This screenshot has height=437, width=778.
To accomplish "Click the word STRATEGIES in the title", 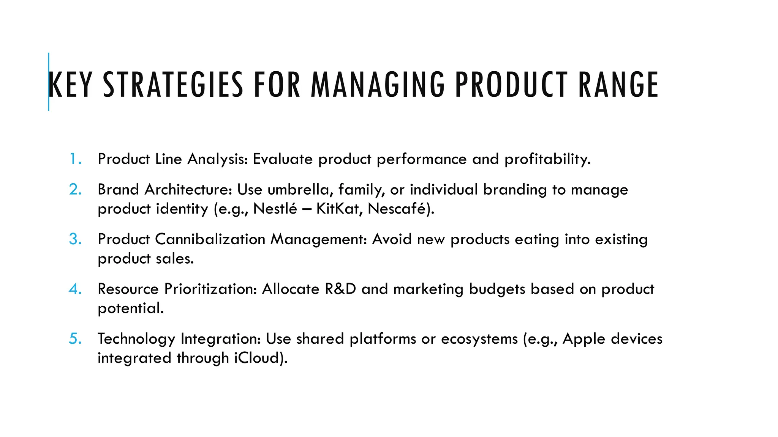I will click(x=173, y=85).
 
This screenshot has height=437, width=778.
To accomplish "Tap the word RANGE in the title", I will click(x=618, y=85).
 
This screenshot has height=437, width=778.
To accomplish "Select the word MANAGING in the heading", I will click(x=378, y=85).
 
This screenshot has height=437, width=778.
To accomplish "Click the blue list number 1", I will click(x=75, y=159).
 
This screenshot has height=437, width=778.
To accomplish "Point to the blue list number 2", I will click(x=75, y=189).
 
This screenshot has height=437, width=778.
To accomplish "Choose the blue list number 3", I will click(x=75, y=239).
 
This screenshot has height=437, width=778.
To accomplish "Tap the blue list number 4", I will click(x=75, y=289).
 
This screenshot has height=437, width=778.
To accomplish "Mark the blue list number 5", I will click(x=75, y=338).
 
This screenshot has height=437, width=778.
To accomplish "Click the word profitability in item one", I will click(x=547, y=159).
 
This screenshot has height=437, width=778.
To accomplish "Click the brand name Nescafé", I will click(x=399, y=209).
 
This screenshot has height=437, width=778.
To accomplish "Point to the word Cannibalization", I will click(x=210, y=239).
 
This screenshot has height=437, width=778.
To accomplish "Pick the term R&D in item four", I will click(x=340, y=289).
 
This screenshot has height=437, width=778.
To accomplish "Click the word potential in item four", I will click(x=130, y=308).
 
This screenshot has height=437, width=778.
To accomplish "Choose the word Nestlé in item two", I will click(x=275, y=209).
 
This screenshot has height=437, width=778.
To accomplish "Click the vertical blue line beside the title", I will click(x=49, y=82).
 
